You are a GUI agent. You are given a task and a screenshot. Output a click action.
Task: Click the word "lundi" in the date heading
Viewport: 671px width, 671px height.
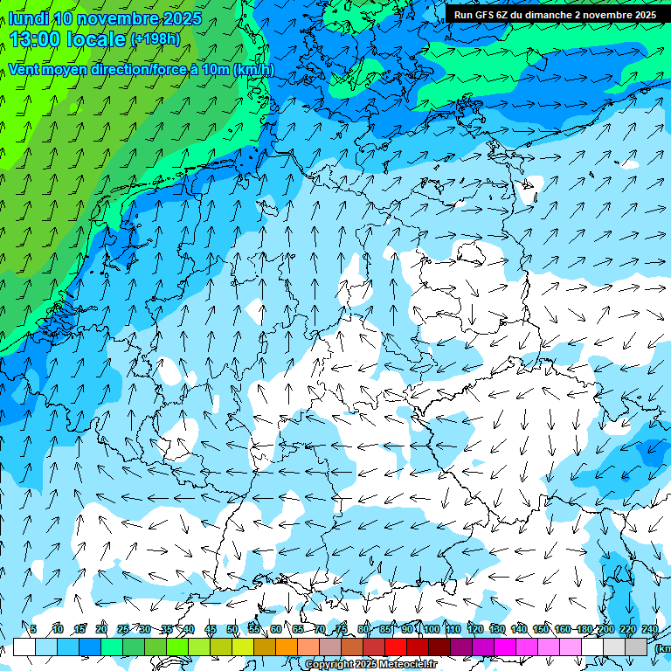pos(28,19)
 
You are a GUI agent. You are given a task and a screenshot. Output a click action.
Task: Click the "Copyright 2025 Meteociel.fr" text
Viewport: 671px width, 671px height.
pos(371,665)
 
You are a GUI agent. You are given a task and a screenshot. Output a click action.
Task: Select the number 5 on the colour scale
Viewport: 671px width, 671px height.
pos(33,629)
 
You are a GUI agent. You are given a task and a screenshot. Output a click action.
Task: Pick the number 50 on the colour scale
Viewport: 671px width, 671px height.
pos(232,629)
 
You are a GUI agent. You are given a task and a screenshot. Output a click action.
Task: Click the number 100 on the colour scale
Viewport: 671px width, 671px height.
pos(432,629)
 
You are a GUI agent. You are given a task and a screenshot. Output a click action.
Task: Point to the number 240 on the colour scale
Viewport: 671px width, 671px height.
pos(650,629)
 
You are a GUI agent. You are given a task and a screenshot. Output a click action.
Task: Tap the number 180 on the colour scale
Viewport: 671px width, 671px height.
pos(585,629)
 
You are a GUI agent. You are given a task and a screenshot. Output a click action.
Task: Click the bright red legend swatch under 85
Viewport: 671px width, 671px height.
pos(396,647)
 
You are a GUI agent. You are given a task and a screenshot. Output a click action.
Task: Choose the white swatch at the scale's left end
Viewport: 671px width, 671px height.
pos(24,647)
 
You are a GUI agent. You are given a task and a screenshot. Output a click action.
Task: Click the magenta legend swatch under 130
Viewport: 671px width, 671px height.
pos(505,647)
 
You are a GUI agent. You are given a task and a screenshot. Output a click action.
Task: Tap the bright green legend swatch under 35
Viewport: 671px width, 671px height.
pos(177,647)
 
